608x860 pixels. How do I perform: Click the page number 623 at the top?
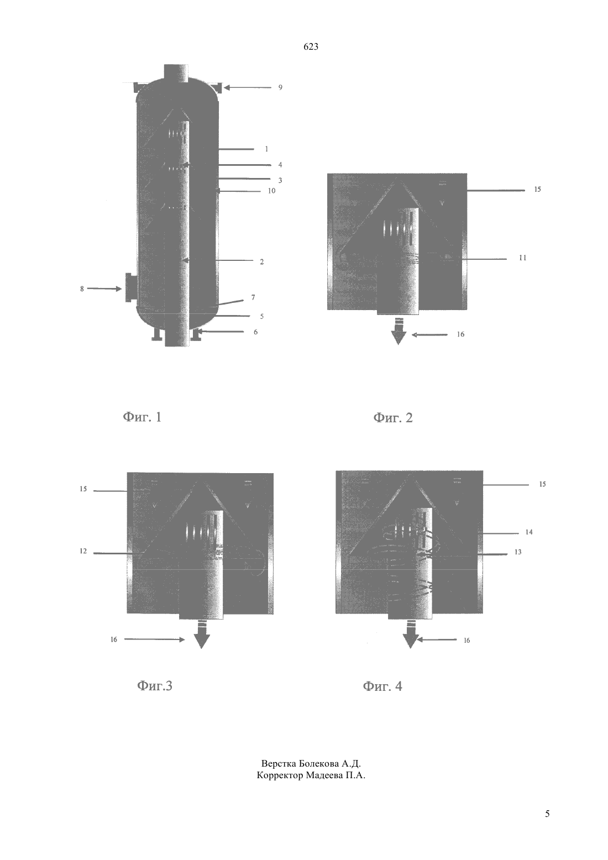(x=311, y=47)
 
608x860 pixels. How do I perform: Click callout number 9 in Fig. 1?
(x=280, y=87)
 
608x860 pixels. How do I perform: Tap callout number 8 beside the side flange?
(x=82, y=289)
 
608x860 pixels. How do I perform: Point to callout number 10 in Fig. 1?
(x=271, y=191)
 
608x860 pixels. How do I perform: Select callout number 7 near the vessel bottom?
(x=253, y=297)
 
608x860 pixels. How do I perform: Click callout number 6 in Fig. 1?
(x=255, y=332)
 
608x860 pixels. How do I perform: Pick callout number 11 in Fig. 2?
(x=522, y=258)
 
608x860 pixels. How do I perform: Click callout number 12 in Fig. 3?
(x=83, y=552)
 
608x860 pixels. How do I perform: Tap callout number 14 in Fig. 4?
(x=529, y=532)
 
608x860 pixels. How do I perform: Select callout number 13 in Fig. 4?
(x=518, y=552)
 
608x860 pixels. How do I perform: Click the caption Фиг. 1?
(x=143, y=417)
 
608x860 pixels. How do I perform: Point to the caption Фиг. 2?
(x=393, y=418)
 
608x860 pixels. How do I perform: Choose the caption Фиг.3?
(x=155, y=686)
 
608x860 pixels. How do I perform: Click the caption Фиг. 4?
(x=382, y=686)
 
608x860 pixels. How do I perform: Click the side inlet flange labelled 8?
(x=129, y=287)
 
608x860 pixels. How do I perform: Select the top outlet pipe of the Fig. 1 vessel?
(x=176, y=72)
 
